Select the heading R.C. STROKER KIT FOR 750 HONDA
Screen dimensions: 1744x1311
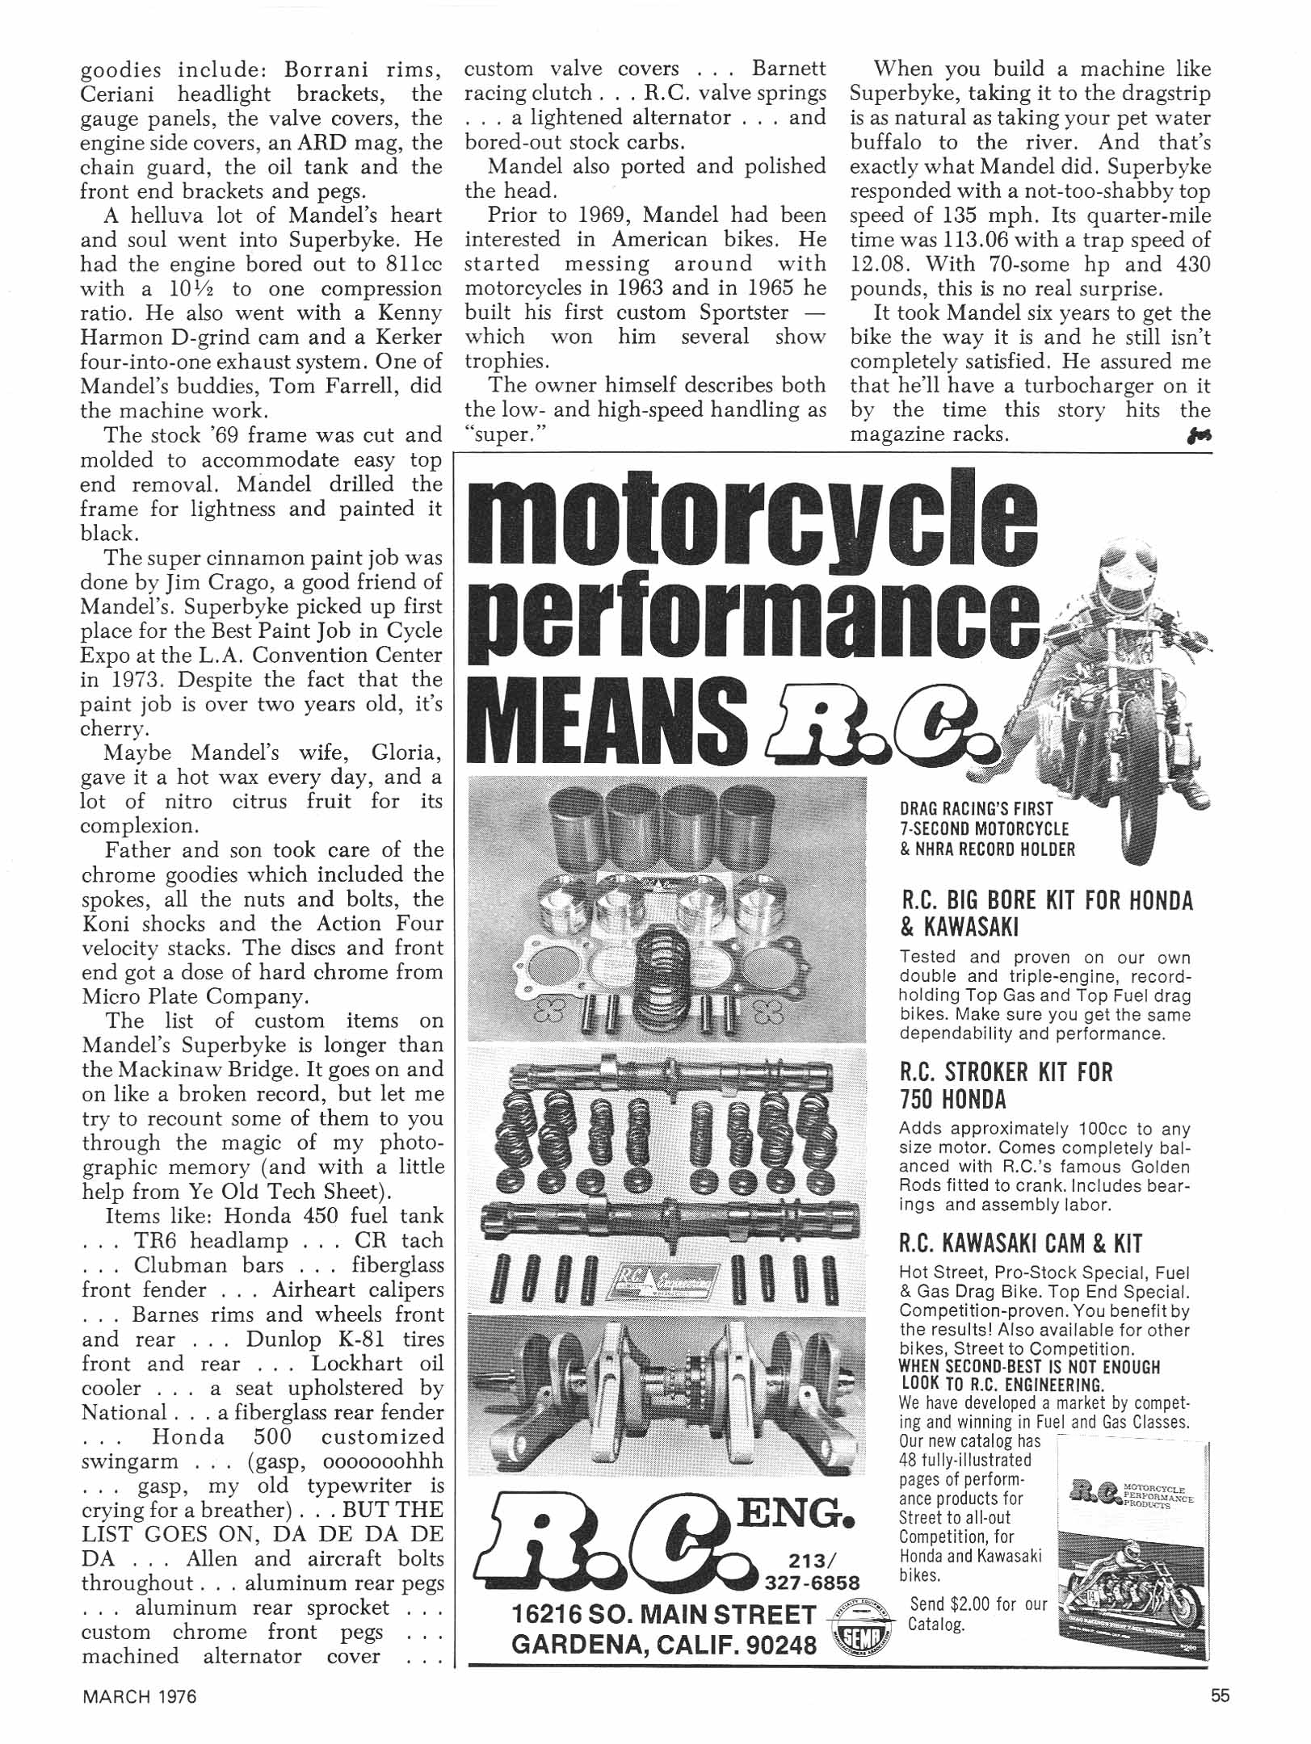[x=1006, y=1086]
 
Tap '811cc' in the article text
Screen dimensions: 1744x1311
[x=411, y=265]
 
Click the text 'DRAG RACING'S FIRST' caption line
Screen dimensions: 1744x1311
[x=977, y=808]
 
